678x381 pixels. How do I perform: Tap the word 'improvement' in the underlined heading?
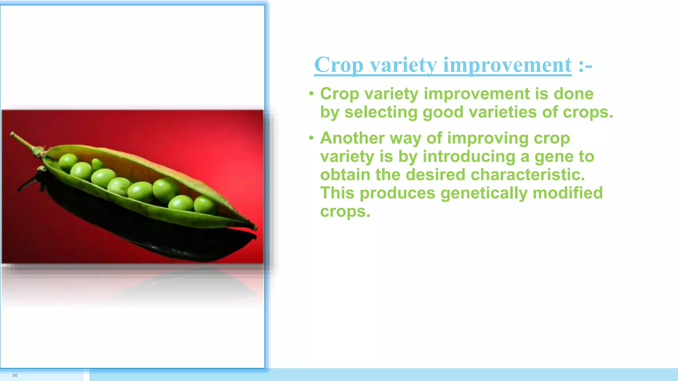[507, 65]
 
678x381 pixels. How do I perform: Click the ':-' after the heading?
[585, 65]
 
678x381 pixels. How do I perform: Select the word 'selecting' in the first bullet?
[381, 112]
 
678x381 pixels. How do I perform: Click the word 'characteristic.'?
[528, 175]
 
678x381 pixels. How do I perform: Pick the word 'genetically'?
[484, 193]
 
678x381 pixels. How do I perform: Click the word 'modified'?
[568, 193]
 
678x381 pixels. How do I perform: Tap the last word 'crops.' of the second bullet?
[345, 211]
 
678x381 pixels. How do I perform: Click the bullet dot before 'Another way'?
[311, 138]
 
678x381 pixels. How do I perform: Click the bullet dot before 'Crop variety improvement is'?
[311, 94]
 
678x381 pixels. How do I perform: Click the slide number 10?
[15, 375]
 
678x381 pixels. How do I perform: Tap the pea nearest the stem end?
[68, 161]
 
